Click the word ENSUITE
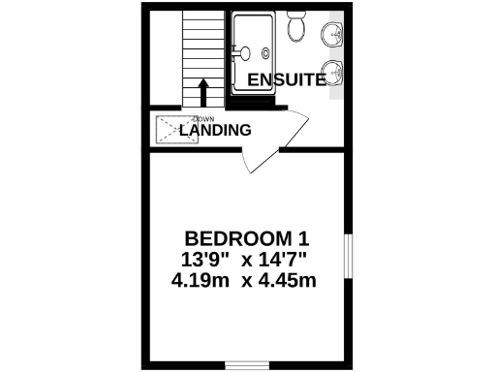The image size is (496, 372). pos(286,80)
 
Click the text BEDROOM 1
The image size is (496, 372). pos(248,238)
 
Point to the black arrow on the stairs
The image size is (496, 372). pos(203,92)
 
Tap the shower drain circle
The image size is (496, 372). pos(248,54)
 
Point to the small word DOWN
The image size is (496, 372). pos(191,118)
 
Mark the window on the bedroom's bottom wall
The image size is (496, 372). pos(247,365)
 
